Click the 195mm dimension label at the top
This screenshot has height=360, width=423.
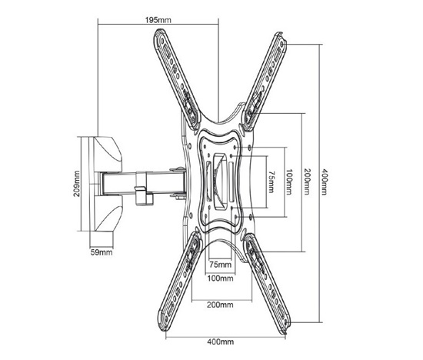click(x=158, y=20)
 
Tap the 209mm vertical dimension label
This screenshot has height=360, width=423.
click(x=78, y=183)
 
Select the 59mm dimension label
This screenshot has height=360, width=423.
click(x=102, y=252)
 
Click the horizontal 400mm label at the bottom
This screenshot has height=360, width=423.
click(x=221, y=342)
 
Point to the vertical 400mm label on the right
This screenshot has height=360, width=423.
click(x=325, y=182)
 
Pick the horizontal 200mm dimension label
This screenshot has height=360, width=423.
click(x=220, y=305)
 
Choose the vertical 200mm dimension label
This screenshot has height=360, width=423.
click(x=307, y=182)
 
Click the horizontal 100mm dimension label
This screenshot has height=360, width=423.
click(x=221, y=278)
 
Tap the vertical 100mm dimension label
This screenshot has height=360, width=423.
click(x=289, y=182)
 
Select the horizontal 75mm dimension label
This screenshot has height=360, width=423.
click(x=221, y=265)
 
